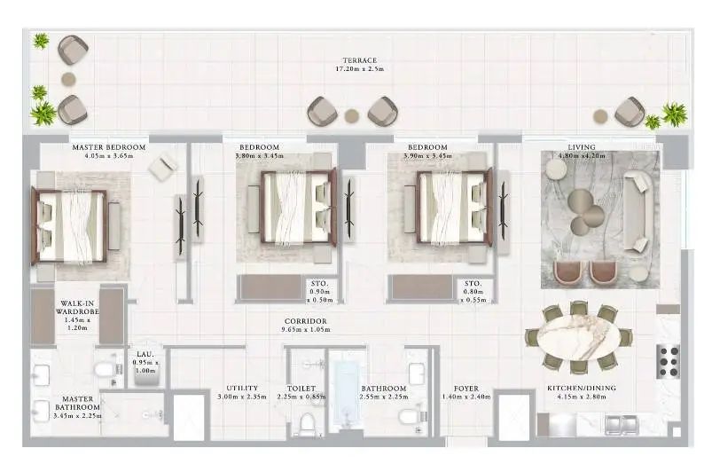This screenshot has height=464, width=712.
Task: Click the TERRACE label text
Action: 360,60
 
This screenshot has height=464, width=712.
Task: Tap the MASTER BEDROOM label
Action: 109,147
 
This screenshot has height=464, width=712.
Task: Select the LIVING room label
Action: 582,147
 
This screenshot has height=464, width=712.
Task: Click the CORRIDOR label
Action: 306,321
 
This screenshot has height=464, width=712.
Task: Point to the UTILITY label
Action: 242,388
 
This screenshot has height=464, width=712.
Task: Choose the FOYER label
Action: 466,389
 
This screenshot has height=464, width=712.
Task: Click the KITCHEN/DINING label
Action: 582,388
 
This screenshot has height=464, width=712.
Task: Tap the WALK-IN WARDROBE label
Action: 77,307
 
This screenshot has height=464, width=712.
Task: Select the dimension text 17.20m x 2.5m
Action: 360,69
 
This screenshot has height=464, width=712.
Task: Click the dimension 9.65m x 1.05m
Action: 306,329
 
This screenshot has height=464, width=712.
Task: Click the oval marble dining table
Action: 578,337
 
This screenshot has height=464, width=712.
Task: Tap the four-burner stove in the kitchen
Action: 668,362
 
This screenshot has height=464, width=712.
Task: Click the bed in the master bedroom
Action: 69,226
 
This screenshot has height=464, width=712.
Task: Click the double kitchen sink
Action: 622,425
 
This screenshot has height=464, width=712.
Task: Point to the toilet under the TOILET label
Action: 308,423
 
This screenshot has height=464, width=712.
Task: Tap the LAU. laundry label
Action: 145,355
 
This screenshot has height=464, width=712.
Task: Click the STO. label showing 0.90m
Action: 320,284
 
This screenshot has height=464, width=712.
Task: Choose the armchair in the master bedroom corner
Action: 162,167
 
